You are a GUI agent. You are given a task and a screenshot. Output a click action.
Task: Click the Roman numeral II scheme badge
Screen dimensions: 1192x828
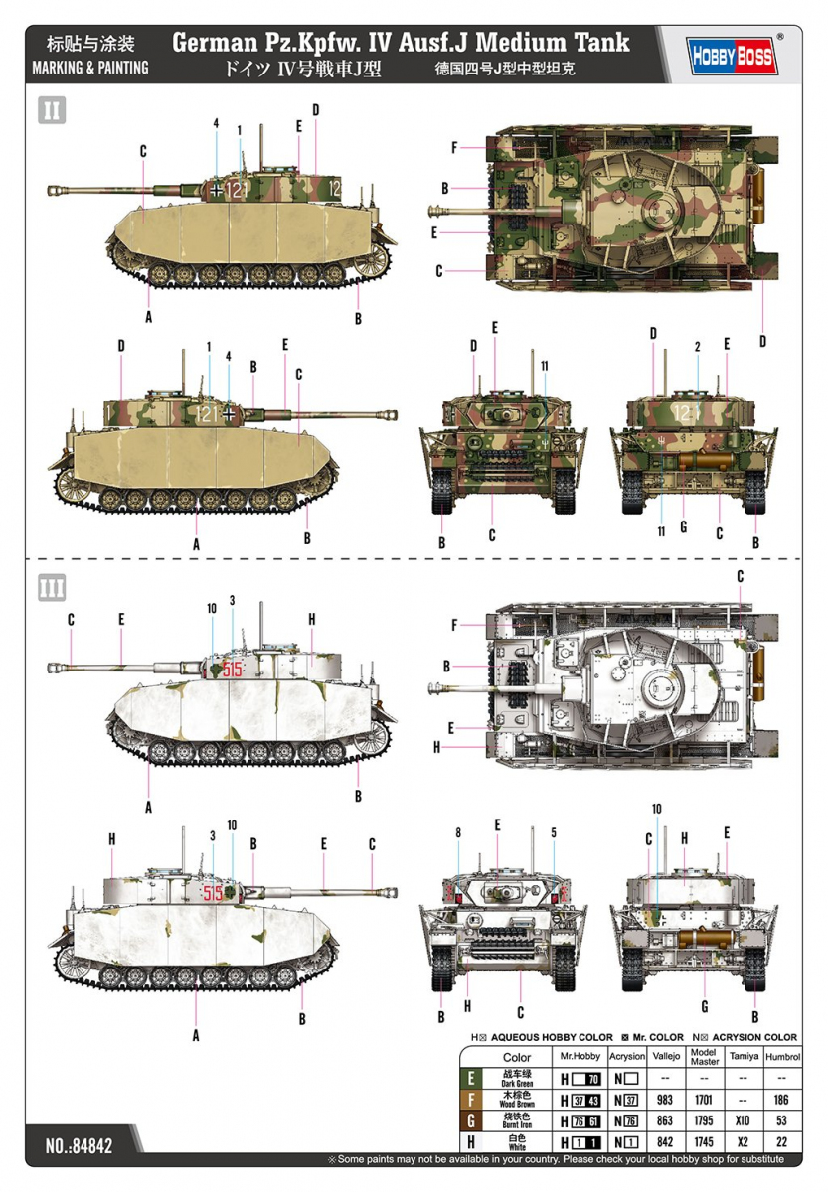click(52, 109)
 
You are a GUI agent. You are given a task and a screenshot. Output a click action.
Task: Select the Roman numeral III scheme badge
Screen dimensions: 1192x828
click(52, 587)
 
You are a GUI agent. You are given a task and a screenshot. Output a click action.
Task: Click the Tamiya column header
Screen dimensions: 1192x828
click(742, 1057)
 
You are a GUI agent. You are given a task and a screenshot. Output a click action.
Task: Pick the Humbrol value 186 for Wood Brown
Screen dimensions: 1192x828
click(782, 1100)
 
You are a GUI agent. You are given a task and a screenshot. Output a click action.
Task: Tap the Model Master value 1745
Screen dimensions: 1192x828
click(704, 1142)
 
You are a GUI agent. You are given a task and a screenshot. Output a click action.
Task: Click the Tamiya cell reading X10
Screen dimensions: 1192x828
click(742, 1121)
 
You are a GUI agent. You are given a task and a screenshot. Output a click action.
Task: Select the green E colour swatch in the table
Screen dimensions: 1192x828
click(470, 1078)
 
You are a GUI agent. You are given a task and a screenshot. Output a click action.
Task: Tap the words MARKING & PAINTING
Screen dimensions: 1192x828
click(90, 68)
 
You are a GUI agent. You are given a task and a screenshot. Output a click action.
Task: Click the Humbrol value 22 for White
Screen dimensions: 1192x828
click(782, 1142)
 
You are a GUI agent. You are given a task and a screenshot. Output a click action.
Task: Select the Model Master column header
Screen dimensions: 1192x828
click(704, 1057)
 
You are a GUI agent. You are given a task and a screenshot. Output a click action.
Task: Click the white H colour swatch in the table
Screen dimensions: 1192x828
click(470, 1142)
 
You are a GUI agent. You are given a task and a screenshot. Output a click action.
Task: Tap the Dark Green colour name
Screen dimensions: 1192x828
click(517, 1079)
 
